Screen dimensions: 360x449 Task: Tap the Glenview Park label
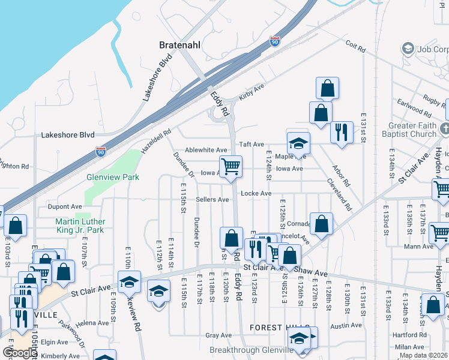[x=113, y=177]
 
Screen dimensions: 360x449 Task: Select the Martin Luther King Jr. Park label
[x=76, y=226]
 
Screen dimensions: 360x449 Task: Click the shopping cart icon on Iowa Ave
[x=231, y=167]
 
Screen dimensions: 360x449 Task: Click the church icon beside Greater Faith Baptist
[x=444, y=128]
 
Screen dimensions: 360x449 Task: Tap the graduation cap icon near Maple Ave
[x=298, y=143]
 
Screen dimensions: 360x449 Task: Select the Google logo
[x=19, y=353]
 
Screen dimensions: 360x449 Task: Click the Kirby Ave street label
[x=252, y=88]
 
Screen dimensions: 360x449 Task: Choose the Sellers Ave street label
[x=212, y=199]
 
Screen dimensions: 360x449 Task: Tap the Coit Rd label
[x=356, y=46]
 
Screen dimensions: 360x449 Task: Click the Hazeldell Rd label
[x=157, y=140]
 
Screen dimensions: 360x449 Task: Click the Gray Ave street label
[x=218, y=335]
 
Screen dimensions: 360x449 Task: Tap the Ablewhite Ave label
[x=206, y=150]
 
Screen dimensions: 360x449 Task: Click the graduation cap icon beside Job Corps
[x=408, y=49]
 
